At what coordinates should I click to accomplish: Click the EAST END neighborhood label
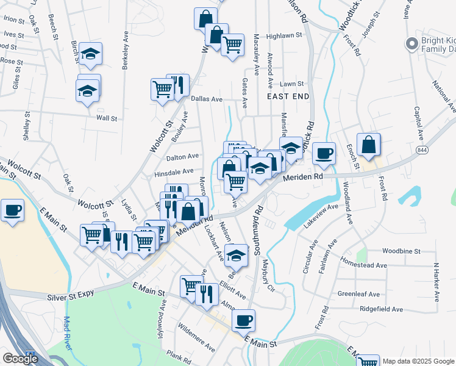coord(288,96)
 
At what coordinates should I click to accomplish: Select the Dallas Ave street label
coord(207,98)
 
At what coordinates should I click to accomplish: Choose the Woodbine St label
coord(401,251)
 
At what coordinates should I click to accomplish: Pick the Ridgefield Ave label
coord(382,309)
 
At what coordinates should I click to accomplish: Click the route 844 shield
coord(422,149)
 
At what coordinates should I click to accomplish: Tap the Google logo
coord(20,359)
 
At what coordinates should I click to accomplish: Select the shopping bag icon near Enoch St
coord(369,145)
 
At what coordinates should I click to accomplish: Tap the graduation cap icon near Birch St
coord(90,54)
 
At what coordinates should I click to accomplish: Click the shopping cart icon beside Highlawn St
coord(232,45)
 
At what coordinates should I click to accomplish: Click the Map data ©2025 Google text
coord(418,361)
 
